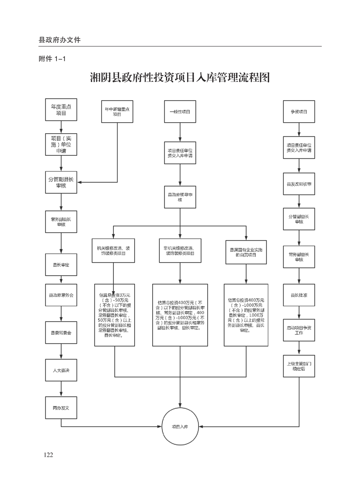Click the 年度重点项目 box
(x=61, y=110)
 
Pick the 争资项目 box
(x=299, y=112)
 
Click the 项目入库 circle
(x=180, y=427)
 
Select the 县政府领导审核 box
(x=180, y=197)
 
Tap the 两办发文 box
(x=61, y=408)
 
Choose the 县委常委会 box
(x=61, y=331)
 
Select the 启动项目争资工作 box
(x=299, y=330)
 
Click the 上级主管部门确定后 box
(x=299, y=366)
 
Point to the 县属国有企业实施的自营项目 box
(x=246, y=252)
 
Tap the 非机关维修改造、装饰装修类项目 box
(x=180, y=251)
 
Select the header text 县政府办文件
(x=60, y=40)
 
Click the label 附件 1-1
(x=52, y=59)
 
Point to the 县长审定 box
(x=61, y=265)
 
